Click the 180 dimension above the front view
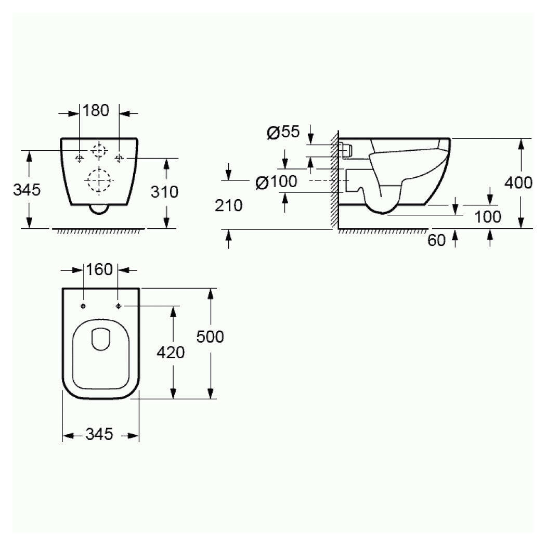[x=96, y=111]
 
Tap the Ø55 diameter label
[x=283, y=133]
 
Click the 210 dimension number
[x=228, y=206]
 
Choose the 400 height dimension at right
[x=518, y=183]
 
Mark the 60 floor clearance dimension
[x=437, y=240]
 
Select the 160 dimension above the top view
[x=99, y=270]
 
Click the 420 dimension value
[x=171, y=353]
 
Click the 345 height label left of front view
[x=27, y=190]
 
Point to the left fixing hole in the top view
[x=83, y=306]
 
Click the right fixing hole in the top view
[x=119, y=306]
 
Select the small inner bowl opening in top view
[x=101, y=339]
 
